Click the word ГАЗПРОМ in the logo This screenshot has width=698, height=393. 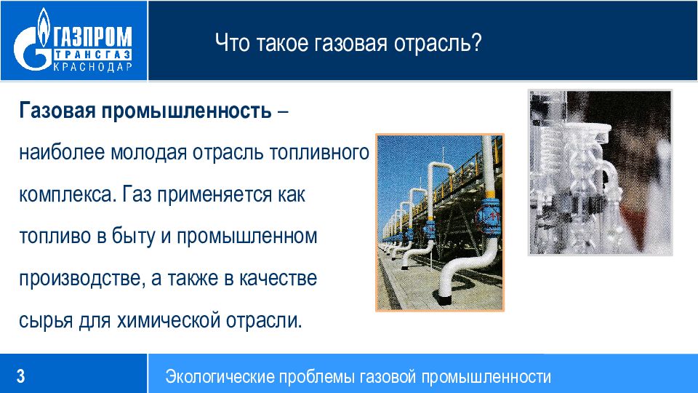[x=92, y=37]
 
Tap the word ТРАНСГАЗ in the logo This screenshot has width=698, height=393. [x=92, y=55]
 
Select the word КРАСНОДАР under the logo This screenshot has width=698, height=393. [x=92, y=67]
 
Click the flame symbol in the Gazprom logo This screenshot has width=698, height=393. [x=43, y=27]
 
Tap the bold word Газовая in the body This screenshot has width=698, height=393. [x=57, y=110]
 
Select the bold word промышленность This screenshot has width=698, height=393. [x=187, y=111]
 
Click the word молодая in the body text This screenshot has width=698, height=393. [x=148, y=153]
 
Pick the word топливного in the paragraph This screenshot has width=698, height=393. [x=320, y=153]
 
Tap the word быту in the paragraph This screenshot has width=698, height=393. [x=133, y=236]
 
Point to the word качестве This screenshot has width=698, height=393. [x=278, y=279]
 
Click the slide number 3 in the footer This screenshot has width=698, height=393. [x=21, y=376]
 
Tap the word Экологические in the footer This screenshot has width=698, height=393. [x=220, y=377]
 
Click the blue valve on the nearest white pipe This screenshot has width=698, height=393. [x=489, y=216]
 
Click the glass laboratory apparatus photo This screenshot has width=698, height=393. [x=600, y=172]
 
